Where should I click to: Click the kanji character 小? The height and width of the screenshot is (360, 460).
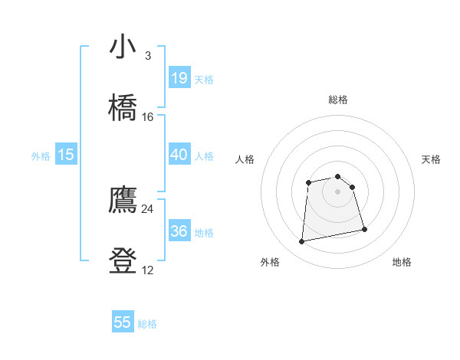[x=123, y=47]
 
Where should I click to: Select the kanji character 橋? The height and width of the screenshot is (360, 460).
[x=123, y=107]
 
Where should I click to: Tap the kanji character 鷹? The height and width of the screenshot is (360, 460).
[x=123, y=201]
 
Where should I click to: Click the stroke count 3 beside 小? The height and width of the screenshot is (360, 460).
[x=148, y=56]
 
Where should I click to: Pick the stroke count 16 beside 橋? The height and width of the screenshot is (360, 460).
[x=148, y=117]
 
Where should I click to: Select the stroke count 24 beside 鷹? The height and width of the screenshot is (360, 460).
[x=148, y=208]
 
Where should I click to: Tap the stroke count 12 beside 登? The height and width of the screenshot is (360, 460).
[x=148, y=270]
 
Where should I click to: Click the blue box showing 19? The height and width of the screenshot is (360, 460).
[x=179, y=78]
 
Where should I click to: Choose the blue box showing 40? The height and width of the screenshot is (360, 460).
[x=179, y=155]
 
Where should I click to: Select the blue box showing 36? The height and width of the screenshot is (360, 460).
[x=179, y=231]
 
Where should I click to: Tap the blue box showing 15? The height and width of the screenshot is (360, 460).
[x=66, y=155]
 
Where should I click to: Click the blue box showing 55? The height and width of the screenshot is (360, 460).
[x=123, y=322]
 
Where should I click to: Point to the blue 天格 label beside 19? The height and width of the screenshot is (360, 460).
[x=204, y=80]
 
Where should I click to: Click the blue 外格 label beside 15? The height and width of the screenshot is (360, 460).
[x=41, y=156]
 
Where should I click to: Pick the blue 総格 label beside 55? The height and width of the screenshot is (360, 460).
[x=147, y=324]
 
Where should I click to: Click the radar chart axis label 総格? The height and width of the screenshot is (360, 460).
[x=337, y=100]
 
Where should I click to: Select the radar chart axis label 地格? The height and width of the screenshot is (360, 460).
[x=402, y=262]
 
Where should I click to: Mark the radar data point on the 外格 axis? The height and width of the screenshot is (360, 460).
[x=302, y=242]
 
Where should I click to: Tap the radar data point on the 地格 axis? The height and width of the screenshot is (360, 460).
[x=364, y=229]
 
